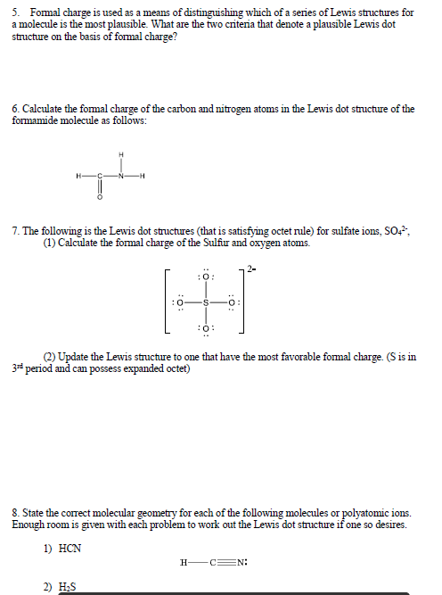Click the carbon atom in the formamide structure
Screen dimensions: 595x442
(101, 175)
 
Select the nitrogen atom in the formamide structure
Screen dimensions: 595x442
(122, 175)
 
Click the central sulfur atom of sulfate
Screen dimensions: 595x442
(206, 302)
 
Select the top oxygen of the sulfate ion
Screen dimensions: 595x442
(206, 278)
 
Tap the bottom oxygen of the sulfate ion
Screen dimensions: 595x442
(206, 327)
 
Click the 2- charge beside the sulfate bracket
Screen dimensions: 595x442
(253, 268)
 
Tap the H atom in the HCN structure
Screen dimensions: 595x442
(184, 563)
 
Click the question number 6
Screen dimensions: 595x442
(15, 109)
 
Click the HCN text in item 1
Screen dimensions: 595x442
(70, 548)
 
